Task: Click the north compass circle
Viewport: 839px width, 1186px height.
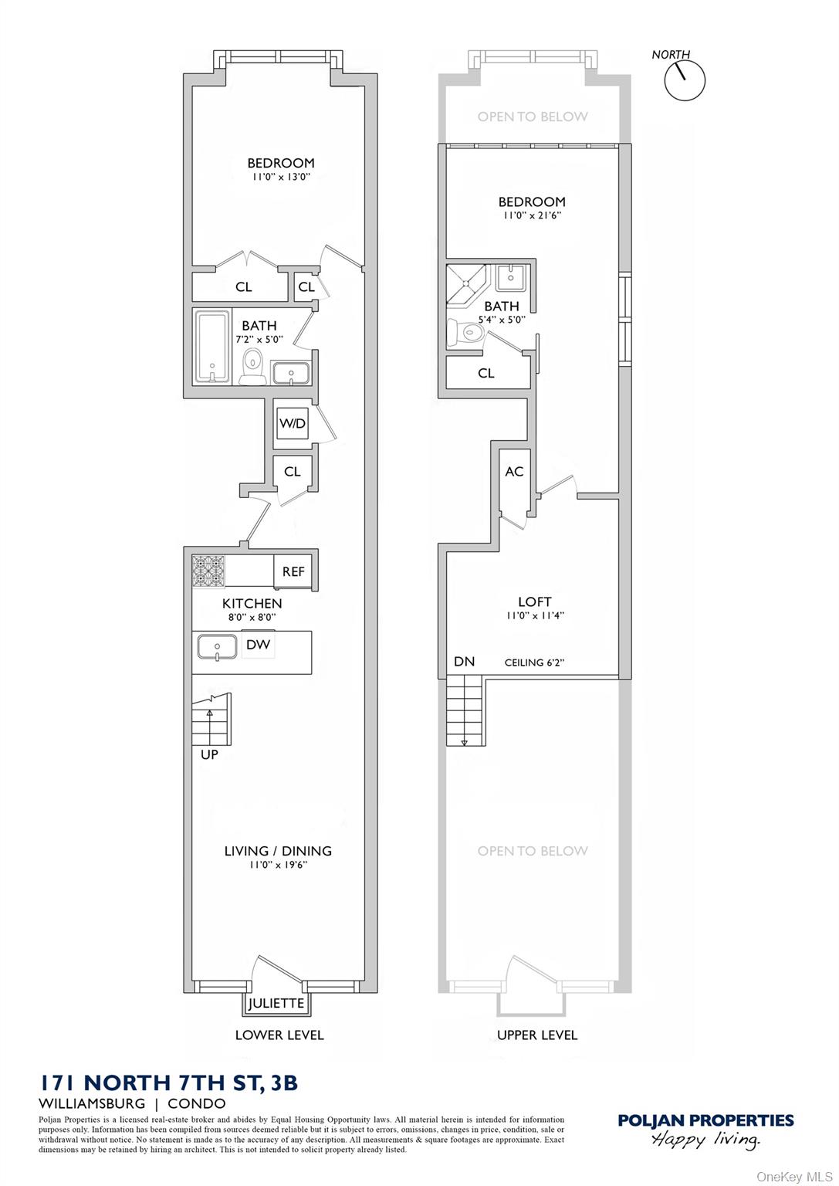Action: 685,80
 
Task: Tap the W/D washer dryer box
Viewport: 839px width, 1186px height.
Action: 293,424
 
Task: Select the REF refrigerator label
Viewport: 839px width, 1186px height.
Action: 293,572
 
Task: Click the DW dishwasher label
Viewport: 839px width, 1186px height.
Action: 258,644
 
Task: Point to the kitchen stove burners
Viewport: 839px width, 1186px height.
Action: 208,571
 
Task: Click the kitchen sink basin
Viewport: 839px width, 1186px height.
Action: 216,646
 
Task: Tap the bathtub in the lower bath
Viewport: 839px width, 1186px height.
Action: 211,347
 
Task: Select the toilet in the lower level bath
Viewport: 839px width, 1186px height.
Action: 252,365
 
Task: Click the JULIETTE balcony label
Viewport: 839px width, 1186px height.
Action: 276,1004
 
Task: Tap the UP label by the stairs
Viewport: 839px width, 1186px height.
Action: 209,754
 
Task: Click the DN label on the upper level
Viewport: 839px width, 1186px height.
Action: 464,662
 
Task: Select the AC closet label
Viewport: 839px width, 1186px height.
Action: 514,472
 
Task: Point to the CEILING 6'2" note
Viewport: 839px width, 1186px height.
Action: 534,662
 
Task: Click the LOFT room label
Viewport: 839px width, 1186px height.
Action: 534,601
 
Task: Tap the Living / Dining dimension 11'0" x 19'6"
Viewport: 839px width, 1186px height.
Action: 278,865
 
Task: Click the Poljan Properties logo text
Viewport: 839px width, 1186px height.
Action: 705,1120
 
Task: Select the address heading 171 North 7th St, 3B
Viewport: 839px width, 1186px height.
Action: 168,1083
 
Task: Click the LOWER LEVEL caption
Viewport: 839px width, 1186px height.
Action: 279,1035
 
